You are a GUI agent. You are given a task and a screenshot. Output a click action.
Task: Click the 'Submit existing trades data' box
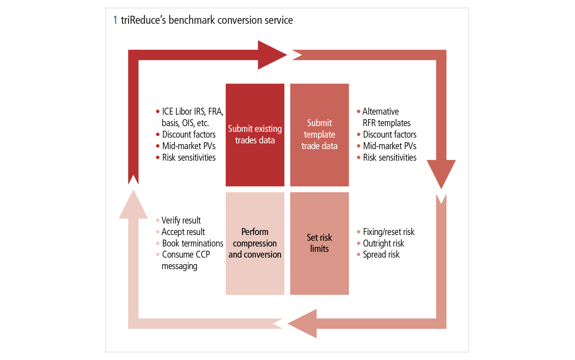[255, 135]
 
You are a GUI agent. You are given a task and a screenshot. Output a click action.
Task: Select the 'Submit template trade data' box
[319, 135]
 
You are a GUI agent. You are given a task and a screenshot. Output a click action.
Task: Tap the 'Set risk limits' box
[319, 243]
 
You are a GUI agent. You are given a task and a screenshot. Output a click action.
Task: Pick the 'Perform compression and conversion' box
[255, 243]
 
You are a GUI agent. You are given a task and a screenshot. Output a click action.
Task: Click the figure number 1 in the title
[115, 20]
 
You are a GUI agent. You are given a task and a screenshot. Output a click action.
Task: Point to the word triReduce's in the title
[143, 20]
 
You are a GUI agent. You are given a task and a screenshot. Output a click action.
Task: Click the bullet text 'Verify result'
[181, 220]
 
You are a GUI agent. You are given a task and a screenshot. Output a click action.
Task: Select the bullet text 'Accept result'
[183, 232]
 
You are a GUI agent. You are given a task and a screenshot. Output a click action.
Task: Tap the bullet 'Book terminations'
[192, 243]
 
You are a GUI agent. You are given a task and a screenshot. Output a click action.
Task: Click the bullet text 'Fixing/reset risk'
[389, 232]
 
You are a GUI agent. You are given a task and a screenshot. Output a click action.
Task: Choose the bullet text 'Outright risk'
[383, 243]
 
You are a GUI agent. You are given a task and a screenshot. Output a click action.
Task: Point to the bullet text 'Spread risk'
[381, 255]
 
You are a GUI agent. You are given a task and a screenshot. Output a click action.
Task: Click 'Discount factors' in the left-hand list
[189, 135]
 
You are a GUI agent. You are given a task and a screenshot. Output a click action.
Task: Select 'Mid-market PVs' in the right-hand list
[389, 146]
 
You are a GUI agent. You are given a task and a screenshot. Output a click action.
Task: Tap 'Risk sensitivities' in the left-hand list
[189, 158]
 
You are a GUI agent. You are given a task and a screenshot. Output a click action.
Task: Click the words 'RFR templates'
[386, 123]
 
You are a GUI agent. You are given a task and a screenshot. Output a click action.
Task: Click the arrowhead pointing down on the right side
[441, 173]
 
